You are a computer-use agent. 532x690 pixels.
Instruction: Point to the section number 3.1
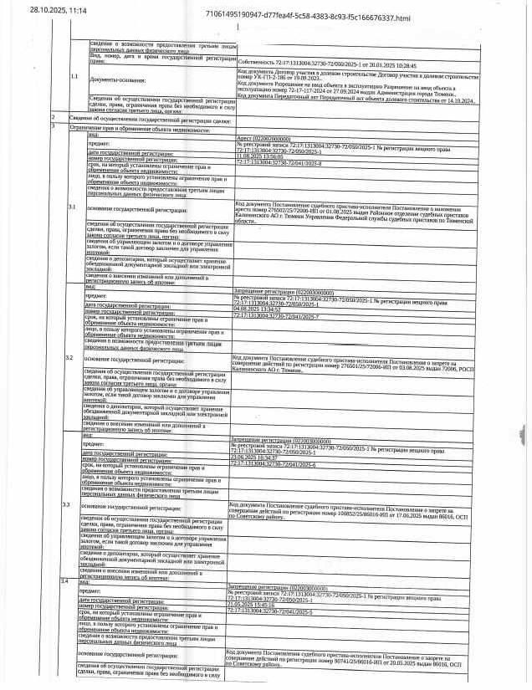pyautogui.click(x=72, y=205)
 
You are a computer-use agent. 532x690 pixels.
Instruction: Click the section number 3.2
pyautogui.click(x=71, y=357)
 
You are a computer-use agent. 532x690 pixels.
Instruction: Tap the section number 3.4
pyautogui.click(x=66, y=579)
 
